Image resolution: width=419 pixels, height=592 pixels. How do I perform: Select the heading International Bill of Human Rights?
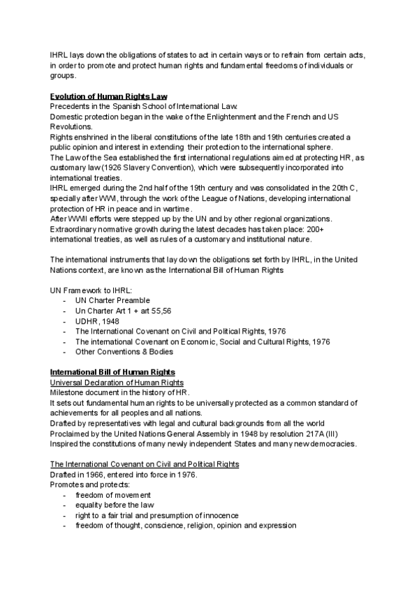coord(112,371)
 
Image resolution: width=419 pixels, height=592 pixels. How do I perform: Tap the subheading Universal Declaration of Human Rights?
coord(117,382)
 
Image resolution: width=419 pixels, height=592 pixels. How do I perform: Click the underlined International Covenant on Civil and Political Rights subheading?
coord(145,464)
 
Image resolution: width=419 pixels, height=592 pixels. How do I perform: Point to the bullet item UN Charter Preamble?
coord(112,300)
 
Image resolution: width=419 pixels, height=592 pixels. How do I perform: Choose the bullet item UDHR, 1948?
coord(102,320)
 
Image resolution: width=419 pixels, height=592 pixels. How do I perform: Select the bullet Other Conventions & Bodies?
coord(124,351)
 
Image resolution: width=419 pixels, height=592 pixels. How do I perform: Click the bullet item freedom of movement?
coord(112,495)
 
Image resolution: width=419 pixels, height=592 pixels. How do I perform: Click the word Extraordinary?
coord(76,229)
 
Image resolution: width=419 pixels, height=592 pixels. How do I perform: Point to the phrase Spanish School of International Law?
coord(172,105)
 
